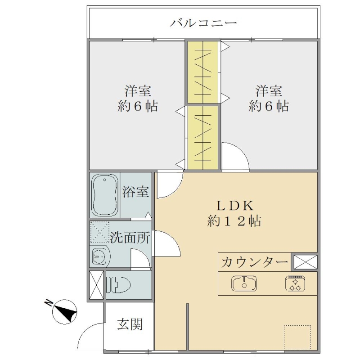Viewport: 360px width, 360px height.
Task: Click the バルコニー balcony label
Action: [203, 23]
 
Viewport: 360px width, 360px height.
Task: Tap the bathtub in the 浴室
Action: [105, 194]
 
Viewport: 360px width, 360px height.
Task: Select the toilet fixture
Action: [118, 285]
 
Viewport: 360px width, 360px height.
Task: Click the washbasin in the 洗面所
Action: [100, 256]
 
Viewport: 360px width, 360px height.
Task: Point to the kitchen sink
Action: [244, 283]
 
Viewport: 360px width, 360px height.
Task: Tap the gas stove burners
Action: [295, 283]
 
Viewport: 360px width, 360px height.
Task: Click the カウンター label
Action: [254, 262]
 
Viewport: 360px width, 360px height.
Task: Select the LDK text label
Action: [235, 206]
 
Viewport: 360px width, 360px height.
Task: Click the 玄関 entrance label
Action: [130, 324]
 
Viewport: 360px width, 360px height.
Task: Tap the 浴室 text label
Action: [135, 192]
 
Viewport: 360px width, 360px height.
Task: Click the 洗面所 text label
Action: [130, 238]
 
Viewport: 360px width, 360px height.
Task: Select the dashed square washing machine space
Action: [99, 232]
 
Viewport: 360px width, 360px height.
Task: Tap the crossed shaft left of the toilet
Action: [96, 285]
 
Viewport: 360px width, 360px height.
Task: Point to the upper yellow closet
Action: [203, 72]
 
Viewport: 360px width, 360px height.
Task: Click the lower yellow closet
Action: [203, 138]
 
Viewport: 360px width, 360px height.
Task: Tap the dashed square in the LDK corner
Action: [297, 337]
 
